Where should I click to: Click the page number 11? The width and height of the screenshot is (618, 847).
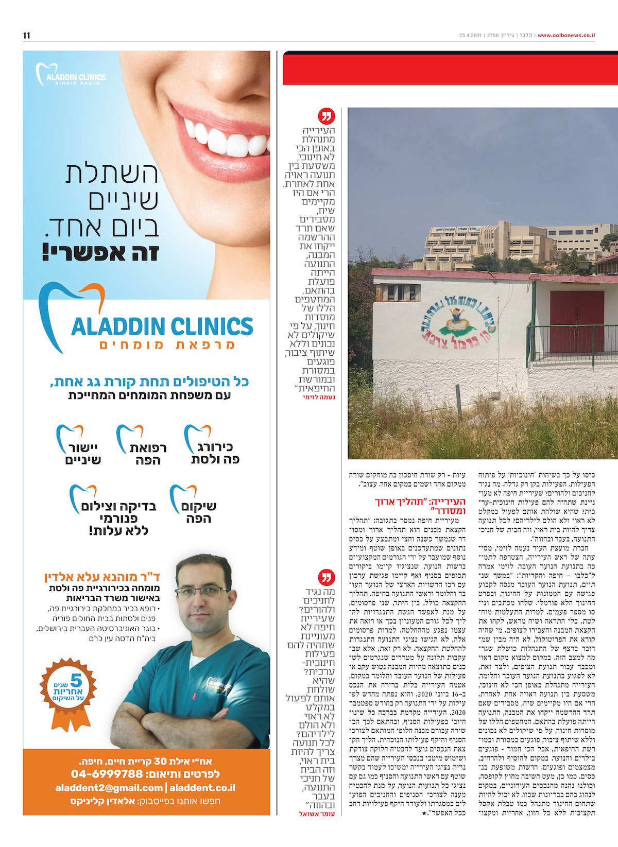27,35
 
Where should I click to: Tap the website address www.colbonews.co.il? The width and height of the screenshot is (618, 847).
566,36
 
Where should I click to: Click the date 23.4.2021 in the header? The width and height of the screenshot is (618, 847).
470,36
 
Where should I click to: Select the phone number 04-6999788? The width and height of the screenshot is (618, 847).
107,774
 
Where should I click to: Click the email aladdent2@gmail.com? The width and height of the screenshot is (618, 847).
109,788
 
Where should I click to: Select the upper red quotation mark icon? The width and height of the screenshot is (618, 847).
327,116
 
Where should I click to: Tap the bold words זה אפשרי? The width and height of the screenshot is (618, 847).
100,253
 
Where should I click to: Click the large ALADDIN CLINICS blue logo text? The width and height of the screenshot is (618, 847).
162,326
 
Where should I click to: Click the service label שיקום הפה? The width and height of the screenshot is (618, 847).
199,512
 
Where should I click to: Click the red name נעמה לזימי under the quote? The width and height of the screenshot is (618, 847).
319,397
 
